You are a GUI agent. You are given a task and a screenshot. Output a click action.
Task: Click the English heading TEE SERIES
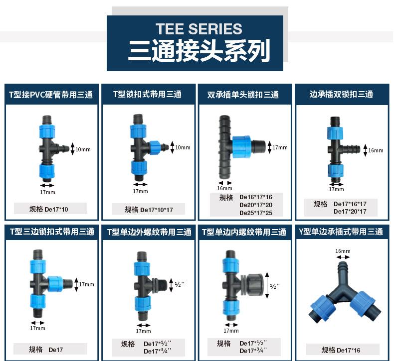[x=198, y=28]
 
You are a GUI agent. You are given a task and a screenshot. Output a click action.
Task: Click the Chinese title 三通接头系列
[x=199, y=51]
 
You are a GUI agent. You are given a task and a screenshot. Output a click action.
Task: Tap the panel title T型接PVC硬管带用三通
[x=51, y=95]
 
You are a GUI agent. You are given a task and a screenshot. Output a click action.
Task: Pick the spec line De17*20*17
[x=350, y=212]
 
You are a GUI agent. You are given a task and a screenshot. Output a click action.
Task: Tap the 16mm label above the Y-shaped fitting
[x=343, y=251]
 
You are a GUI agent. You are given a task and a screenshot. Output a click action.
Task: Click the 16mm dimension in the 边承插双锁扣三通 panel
[x=376, y=150]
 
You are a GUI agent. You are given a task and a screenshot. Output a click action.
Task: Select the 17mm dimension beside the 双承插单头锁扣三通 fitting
[x=280, y=147]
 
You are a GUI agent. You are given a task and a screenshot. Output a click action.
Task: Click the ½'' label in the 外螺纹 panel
[x=180, y=284]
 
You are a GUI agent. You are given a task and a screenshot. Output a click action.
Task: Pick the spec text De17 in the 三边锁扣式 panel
[x=56, y=350]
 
